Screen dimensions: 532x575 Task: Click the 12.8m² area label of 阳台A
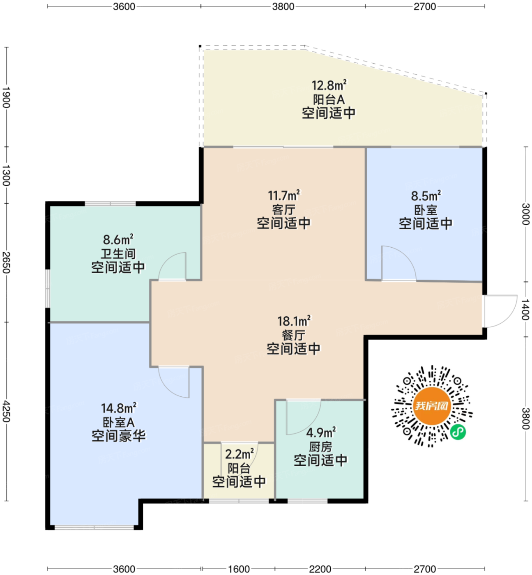coord(329,85)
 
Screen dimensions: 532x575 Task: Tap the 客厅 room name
coord(283,209)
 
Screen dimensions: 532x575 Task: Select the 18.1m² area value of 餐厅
coord(294,321)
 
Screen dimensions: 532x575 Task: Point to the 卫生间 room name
coord(118,254)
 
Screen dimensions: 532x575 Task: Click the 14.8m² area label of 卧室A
coord(118,408)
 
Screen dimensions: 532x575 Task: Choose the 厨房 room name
coord(320,447)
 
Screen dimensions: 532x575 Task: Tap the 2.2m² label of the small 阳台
coord(239,454)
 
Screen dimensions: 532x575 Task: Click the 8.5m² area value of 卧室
coord(426,196)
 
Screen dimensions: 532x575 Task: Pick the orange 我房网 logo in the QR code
coord(431,406)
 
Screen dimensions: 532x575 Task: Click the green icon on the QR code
coord(458,432)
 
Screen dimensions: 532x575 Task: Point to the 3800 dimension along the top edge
coord(283,7)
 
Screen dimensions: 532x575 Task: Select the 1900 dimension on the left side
coord(7,97)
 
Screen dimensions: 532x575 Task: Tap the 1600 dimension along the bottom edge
coord(239,569)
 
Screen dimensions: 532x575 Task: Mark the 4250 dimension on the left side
coord(7,412)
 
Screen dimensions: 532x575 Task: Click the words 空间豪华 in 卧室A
coord(119,436)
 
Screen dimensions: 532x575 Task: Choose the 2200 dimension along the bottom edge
coord(320,569)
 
